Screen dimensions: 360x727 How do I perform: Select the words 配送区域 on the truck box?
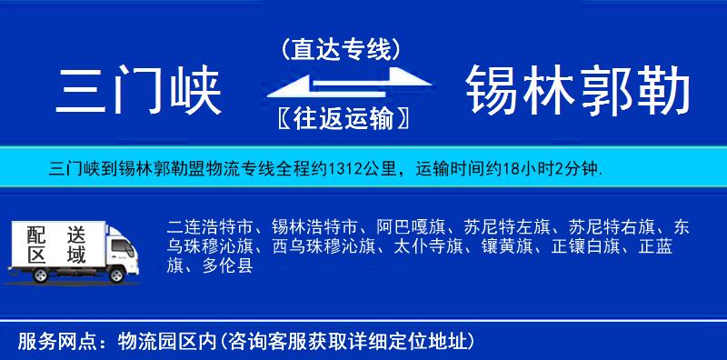[55, 245]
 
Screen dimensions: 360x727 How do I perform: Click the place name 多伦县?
[226, 266]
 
